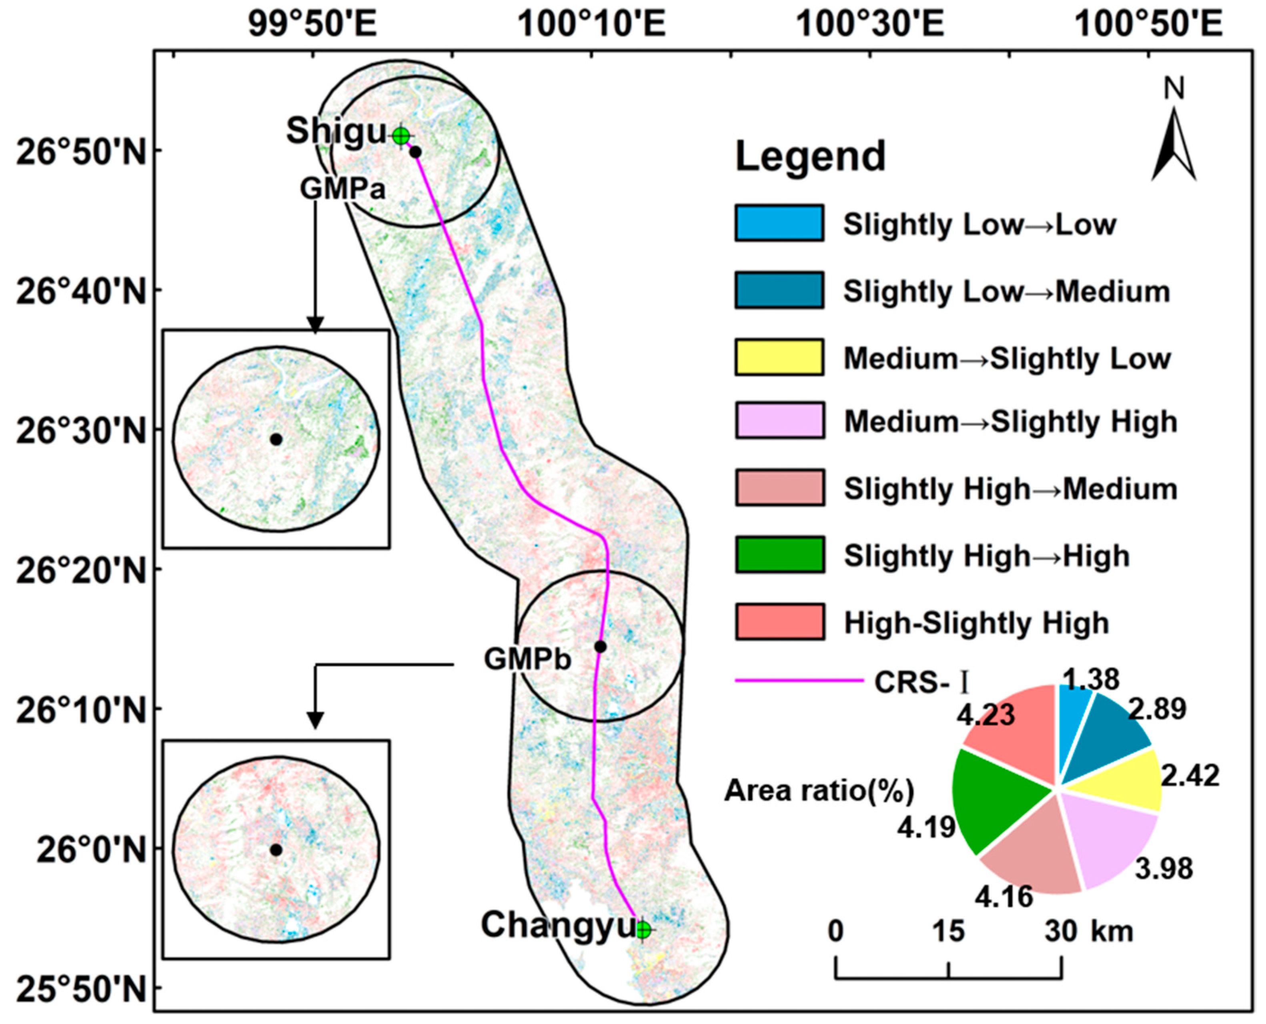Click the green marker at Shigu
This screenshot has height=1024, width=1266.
pyautogui.click(x=401, y=136)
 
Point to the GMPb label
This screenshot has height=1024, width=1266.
pyautogui.click(x=528, y=659)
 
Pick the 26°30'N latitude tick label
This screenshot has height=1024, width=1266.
pyautogui.click(x=81, y=431)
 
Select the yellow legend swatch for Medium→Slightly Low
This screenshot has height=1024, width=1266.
pyautogui.click(x=779, y=357)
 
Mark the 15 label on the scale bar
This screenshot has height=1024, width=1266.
pyautogui.click(x=948, y=932)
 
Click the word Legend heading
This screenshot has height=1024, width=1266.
pyautogui.click(x=810, y=156)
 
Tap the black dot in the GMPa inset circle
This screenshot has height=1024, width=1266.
pyautogui.click(x=276, y=440)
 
